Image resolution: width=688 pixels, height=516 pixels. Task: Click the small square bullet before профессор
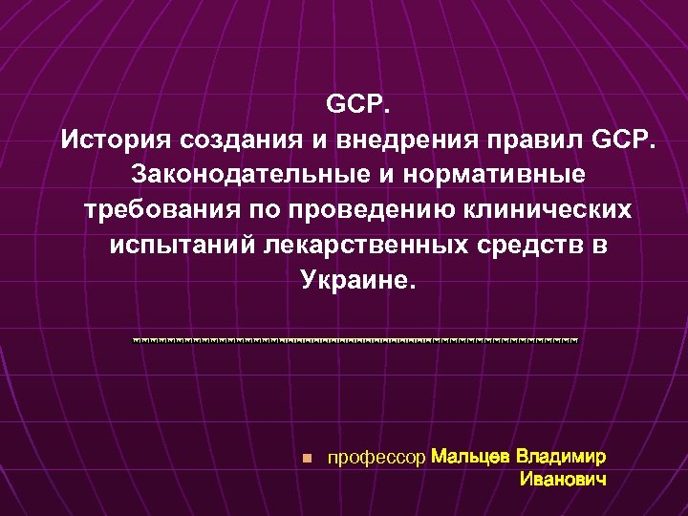tap(305, 459)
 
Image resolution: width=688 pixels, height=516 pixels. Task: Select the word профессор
tap(376, 458)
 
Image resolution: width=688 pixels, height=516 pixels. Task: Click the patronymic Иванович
tap(563, 479)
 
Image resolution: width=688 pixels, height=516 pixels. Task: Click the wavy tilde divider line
tap(355, 339)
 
